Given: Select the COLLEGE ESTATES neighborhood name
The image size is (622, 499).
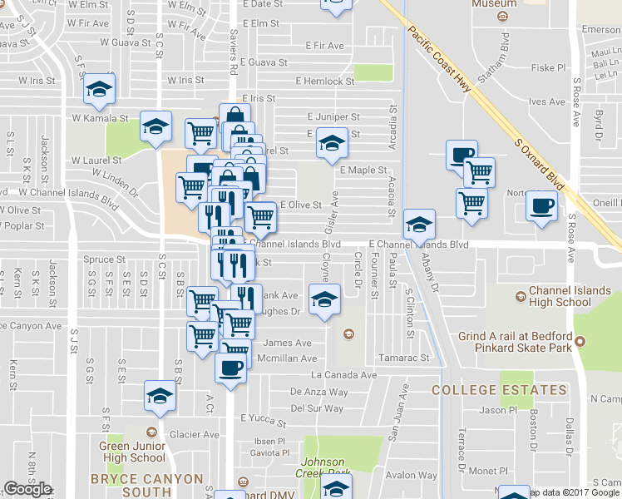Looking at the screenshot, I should [x=499, y=390].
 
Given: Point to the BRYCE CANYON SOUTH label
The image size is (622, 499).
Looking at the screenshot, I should [x=146, y=486].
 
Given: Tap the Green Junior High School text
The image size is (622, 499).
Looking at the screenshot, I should [x=131, y=452].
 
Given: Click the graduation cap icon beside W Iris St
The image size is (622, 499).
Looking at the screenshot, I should [x=100, y=88].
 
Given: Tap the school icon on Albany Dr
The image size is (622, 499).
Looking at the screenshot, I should [x=419, y=223].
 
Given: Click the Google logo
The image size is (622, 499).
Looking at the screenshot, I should [x=27, y=489].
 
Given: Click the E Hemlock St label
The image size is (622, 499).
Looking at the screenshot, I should [x=325, y=82].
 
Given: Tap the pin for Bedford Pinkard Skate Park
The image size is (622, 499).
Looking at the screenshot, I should [x=580, y=342].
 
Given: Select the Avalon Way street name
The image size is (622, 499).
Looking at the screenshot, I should [x=411, y=476].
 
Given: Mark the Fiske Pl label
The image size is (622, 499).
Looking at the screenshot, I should [x=548, y=68].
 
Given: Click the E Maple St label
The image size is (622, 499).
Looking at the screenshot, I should [x=363, y=170].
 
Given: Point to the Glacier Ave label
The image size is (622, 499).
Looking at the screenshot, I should [x=194, y=434].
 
